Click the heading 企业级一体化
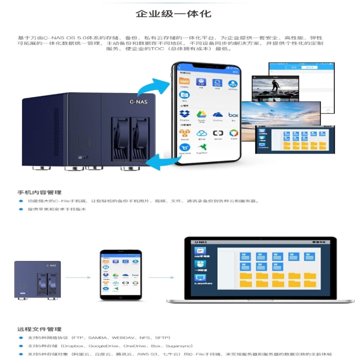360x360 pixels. [x=174, y=14]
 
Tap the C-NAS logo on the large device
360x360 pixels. [x=139, y=102]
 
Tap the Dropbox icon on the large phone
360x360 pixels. [x=184, y=115]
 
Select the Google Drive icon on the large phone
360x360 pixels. [x=201, y=115]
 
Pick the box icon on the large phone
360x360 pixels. [x=234, y=115]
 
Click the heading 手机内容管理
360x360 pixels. [x=39, y=192]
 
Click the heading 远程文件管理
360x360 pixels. [x=39, y=329]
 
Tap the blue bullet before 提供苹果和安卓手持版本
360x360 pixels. [x=21, y=209]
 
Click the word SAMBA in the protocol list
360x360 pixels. [x=97, y=338]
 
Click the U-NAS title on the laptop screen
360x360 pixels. [x=199, y=242]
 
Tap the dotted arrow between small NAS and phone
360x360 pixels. [x=78, y=277]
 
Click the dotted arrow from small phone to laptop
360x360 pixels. [x=162, y=277]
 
